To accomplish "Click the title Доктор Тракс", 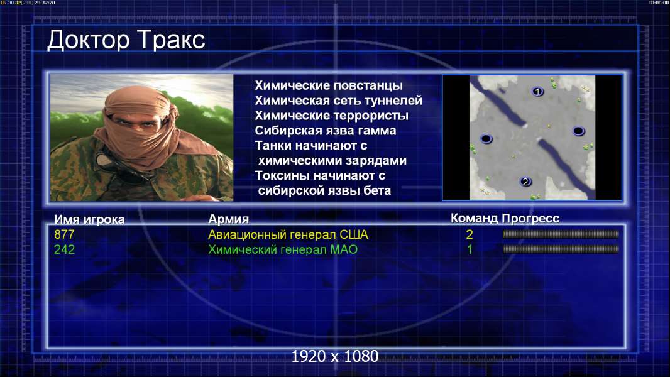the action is pyautogui.click(x=126, y=41).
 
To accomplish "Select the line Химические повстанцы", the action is pyautogui.click(x=329, y=85).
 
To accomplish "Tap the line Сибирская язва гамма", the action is pyautogui.click(x=325, y=130).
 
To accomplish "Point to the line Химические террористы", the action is pyautogui.click(x=332, y=115).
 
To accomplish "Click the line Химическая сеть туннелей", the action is pyautogui.click(x=338, y=101).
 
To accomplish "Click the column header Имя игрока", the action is pyautogui.click(x=89, y=219).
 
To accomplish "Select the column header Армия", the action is pyautogui.click(x=228, y=219).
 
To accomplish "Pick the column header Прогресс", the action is pyautogui.click(x=530, y=218).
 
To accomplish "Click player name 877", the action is pyautogui.click(x=64, y=234).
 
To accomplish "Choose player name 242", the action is pyautogui.click(x=64, y=249).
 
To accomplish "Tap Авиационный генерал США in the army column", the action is pyautogui.click(x=288, y=234).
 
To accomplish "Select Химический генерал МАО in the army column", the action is pyautogui.click(x=282, y=249).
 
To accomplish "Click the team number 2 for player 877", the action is pyautogui.click(x=469, y=234).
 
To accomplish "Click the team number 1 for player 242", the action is pyautogui.click(x=469, y=249).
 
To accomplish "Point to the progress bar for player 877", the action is pyautogui.click(x=561, y=234).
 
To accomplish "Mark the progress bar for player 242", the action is pyautogui.click(x=561, y=249).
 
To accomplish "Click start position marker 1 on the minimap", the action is pyautogui.click(x=537, y=91).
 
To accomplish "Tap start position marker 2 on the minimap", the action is pyautogui.click(x=525, y=182).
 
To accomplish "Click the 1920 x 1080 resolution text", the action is pyautogui.click(x=334, y=356).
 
